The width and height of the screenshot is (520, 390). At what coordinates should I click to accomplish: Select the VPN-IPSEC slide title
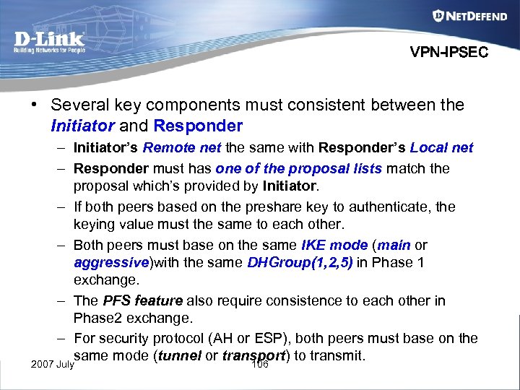coord(448,52)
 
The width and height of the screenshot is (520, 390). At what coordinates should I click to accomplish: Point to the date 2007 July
coord(52,364)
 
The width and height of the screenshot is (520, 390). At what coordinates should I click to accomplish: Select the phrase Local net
coord(441,148)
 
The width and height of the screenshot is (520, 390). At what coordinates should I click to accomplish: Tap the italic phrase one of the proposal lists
coord(299,169)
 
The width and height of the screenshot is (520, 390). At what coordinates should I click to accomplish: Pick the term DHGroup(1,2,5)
coord(300,263)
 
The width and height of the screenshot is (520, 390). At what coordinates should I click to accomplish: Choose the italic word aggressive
coord(110,263)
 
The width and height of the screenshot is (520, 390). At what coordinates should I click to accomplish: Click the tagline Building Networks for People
coord(49,51)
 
